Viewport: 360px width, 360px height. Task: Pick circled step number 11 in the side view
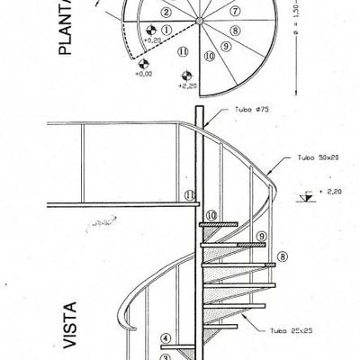point(190,194)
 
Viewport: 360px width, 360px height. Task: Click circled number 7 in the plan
point(235,12)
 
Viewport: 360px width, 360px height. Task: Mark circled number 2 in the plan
point(166,13)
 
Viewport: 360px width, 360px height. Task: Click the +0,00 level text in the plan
point(141,73)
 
